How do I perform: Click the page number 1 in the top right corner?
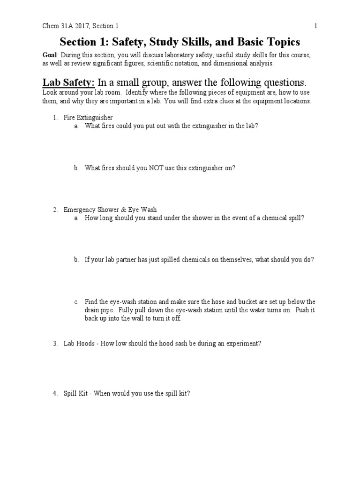point(316,26)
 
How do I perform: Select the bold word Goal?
point(50,55)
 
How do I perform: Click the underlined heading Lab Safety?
point(69,82)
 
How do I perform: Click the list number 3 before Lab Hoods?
point(54,343)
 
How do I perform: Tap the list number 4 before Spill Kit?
point(54,394)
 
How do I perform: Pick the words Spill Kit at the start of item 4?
point(75,394)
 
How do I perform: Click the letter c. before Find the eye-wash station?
point(76,302)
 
